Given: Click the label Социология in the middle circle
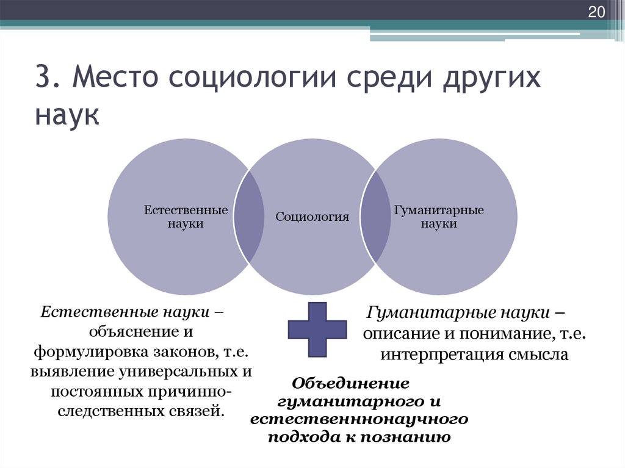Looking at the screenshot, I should coord(312,217).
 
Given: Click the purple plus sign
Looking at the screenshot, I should coord(317,329).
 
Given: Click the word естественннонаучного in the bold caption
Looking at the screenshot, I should coord(359,420).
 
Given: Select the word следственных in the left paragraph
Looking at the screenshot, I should coord(111,410).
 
